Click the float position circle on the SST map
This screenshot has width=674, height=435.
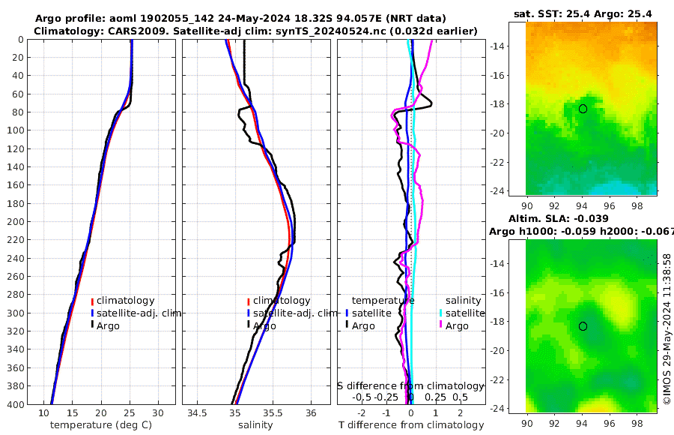pyautogui.click(x=583, y=109)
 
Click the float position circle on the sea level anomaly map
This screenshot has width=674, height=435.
pyautogui.click(x=583, y=326)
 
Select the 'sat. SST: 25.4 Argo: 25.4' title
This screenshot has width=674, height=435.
pyautogui.click(x=582, y=13)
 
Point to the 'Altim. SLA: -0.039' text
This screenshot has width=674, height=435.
pyautogui.click(x=582, y=217)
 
